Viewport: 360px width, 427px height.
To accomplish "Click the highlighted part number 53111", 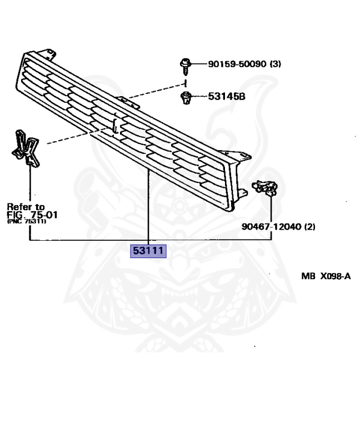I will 148,251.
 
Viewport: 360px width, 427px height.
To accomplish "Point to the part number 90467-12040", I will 271,227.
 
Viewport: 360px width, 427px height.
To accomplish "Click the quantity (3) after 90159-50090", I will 275,64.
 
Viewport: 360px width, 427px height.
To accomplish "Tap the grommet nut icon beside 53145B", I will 187,98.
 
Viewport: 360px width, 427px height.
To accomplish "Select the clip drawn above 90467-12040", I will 265,187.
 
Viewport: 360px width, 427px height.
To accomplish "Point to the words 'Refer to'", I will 26,207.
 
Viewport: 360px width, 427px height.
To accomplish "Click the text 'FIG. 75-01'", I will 32,215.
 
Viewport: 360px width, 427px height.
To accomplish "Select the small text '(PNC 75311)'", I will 26,222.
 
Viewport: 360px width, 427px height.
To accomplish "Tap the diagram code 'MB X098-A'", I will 326,276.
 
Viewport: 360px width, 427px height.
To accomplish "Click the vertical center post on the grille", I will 115,125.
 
